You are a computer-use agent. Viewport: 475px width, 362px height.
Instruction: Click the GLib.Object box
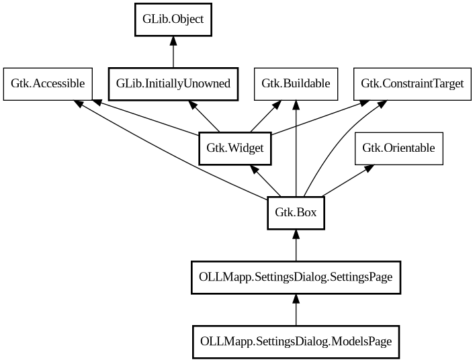(x=173, y=20)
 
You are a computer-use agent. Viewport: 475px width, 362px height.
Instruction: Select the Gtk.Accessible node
(x=48, y=84)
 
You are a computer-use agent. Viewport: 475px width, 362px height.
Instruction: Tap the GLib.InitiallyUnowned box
(x=173, y=84)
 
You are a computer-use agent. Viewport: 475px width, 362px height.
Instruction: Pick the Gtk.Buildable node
(x=296, y=84)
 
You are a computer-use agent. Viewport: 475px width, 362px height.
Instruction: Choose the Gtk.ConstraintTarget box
(x=412, y=84)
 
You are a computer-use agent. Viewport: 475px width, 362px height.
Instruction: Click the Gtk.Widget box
(x=235, y=148)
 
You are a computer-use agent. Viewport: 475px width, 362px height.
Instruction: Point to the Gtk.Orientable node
(x=398, y=148)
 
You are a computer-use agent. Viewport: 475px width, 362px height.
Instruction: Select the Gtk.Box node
(x=296, y=213)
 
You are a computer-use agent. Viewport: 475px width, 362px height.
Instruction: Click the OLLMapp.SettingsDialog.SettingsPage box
(x=296, y=277)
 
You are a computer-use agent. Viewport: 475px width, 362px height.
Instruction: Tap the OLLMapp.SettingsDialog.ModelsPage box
(x=296, y=341)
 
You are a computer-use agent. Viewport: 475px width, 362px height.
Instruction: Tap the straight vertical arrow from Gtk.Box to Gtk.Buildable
(x=296, y=148)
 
